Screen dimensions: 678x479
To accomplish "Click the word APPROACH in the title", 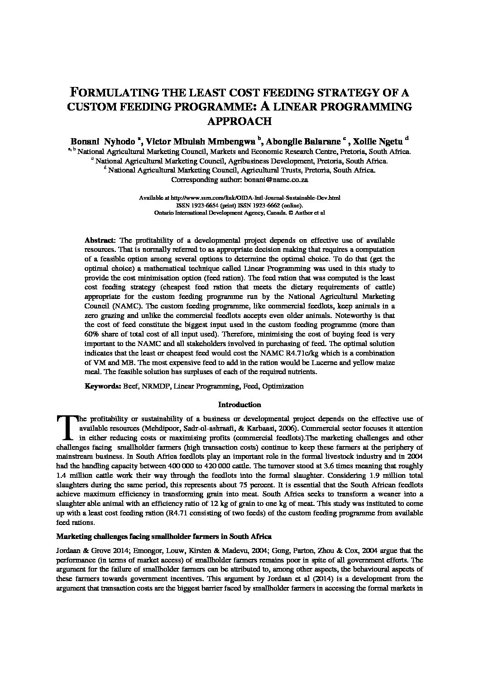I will pos(239,121).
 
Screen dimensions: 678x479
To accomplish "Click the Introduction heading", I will pos(239,404).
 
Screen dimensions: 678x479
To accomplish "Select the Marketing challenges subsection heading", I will pos(163,537).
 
